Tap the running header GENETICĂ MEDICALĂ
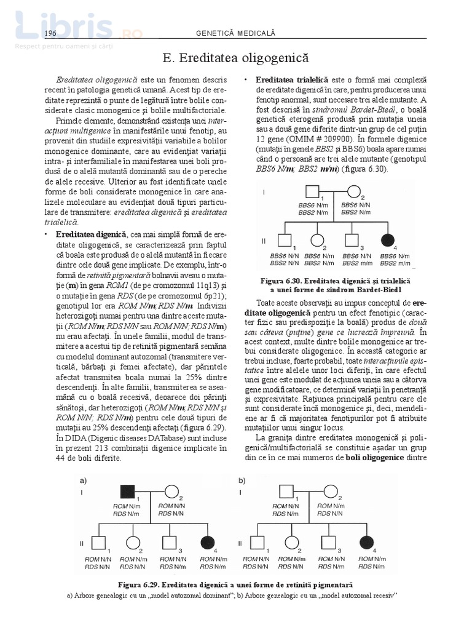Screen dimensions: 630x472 click(235, 33)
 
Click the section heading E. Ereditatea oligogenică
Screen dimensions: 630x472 click(236, 58)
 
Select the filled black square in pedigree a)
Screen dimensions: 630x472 click(127, 492)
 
